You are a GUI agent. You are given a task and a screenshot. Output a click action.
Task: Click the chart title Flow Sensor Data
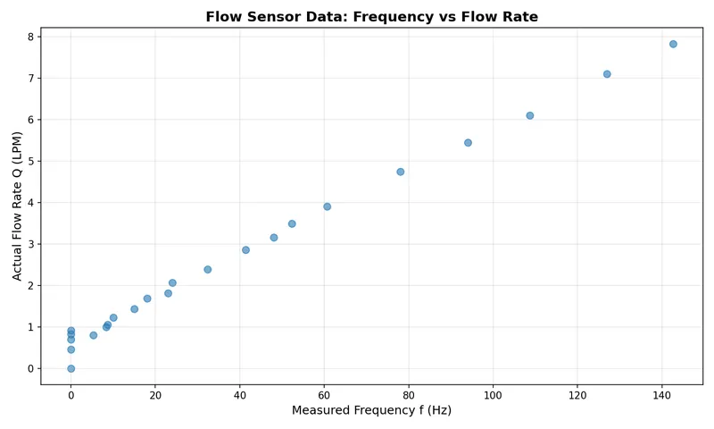point(371,17)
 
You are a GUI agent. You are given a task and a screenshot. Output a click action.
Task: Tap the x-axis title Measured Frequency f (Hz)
point(371,410)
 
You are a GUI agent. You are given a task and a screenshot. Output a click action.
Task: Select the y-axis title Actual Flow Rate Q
point(18,206)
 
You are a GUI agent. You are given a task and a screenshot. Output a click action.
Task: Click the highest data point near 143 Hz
point(673,44)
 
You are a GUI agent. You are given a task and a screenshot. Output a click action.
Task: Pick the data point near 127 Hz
point(607,74)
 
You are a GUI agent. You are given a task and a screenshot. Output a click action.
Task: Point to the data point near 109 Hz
point(529,115)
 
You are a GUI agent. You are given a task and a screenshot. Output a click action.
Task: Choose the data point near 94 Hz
point(468,142)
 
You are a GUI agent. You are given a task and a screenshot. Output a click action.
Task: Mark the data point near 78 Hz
point(400,172)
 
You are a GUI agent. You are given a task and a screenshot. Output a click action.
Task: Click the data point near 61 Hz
point(327,206)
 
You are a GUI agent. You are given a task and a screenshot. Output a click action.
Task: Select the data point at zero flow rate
point(71,368)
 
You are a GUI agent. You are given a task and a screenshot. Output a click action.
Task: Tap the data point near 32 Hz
point(207,269)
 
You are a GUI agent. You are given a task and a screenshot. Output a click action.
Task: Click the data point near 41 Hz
point(245,249)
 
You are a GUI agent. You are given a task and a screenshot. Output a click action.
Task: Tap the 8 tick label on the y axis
point(30,37)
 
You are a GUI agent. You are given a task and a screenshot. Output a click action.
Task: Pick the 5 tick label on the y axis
point(30,161)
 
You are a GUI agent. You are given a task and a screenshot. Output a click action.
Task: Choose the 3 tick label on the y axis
point(30,244)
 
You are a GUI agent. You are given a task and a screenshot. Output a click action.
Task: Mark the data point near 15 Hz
point(134,309)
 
